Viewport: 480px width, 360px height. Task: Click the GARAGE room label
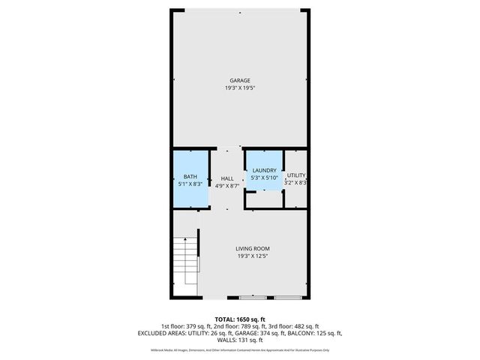[240, 80]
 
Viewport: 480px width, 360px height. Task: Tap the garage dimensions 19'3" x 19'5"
[240, 88]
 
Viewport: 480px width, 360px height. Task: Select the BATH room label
[190, 177]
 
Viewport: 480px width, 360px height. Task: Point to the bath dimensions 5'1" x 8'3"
[190, 184]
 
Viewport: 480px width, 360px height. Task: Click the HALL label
[227, 178]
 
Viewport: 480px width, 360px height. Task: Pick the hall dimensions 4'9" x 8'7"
[227, 185]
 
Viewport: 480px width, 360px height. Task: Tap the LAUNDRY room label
[265, 170]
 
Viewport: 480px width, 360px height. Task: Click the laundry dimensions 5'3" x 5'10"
[265, 178]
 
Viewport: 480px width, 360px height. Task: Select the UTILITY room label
[296, 175]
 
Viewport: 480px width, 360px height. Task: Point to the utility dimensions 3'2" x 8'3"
[296, 182]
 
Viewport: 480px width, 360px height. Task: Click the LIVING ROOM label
[253, 248]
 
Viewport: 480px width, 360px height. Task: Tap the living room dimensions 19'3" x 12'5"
[253, 256]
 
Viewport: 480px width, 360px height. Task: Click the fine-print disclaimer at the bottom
[240, 349]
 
